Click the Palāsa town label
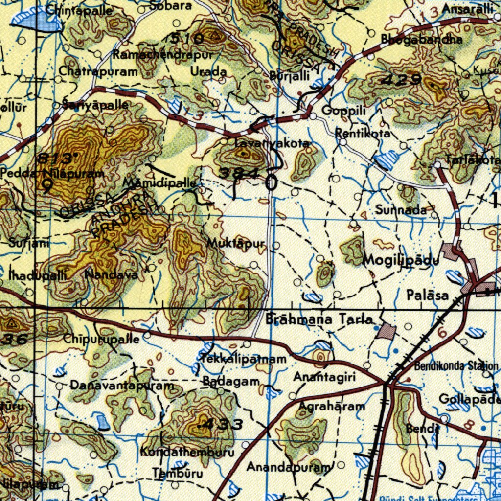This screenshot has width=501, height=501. coord(427,295)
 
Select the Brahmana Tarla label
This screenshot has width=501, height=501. coord(319,319)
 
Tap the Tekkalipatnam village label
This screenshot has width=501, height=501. coord(243,359)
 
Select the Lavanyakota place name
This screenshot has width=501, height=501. coord(272,143)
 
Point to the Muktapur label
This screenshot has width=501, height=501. coord(235,243)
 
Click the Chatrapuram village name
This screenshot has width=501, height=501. coord(98,71)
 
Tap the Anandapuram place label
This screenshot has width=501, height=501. coord(288,467)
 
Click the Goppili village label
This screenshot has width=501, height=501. coord(343,111)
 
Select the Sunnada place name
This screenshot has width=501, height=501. coord(401,210)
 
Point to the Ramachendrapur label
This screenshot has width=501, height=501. coord(163,55)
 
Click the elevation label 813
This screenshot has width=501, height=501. coord(58,159)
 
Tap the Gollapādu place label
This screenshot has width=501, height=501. coord(469,399)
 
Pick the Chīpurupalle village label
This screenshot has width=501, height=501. coord(102,339)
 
